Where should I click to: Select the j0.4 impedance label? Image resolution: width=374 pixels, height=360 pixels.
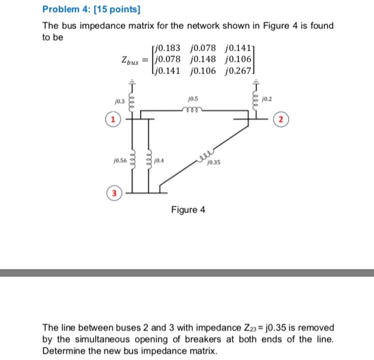159,159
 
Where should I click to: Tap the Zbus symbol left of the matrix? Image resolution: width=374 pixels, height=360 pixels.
130,60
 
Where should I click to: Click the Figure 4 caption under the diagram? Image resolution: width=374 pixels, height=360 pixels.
188,210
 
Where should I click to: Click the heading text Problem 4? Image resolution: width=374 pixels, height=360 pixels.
66,10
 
